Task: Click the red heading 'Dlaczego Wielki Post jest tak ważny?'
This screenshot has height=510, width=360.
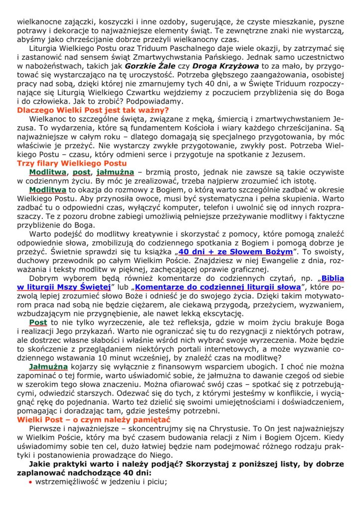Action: pos(93,109)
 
